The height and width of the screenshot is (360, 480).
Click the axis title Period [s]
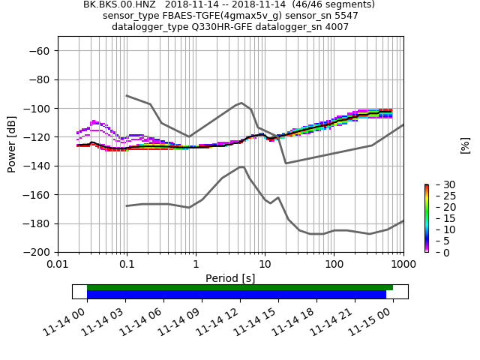click(230, 278)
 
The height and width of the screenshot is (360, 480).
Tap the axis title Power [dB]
click(12, 144)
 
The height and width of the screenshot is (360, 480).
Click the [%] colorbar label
click(465, 145)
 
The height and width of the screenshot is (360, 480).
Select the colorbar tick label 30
click(439, 184)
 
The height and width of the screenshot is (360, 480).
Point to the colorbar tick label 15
click(439, 218)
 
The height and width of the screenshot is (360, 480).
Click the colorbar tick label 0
click(436, 253)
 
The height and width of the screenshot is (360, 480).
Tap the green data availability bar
click(240, 287)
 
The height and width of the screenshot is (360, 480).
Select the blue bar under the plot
click(236, 295)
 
